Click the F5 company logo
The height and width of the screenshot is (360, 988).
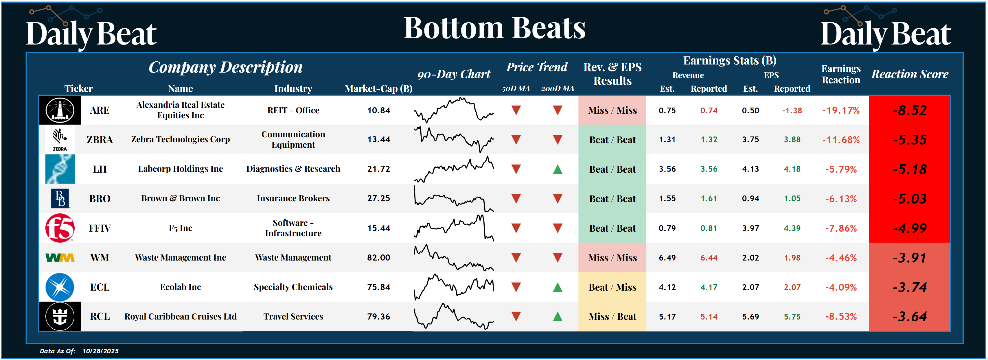click(60, 228)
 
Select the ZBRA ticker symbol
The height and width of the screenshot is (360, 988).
click(100, 140)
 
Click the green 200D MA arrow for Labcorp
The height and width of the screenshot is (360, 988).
click(558, 169)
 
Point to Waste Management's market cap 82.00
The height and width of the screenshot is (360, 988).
click(378, 258)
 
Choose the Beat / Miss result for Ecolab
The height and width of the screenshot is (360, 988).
click(612, 287)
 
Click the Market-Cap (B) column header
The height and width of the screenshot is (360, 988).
click(378, 88)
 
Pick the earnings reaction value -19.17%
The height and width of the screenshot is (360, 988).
click(841, 110)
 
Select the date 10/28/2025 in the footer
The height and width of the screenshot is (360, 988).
click(100, 351)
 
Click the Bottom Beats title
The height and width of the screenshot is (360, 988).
click(494, 28)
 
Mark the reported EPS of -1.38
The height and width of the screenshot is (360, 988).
click(792, 110)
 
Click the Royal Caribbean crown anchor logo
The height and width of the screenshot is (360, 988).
click(60, 316)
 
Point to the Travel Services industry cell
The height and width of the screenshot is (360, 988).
click(293, 316)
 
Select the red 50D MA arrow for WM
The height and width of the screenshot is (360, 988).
click(516, 258)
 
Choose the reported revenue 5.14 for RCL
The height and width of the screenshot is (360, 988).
click(709, 317)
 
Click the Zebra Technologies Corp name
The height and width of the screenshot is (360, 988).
click(180, 140)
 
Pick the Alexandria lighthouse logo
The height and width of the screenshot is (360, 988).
click(60, 110)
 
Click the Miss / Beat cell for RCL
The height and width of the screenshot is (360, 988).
click(612, 317)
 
